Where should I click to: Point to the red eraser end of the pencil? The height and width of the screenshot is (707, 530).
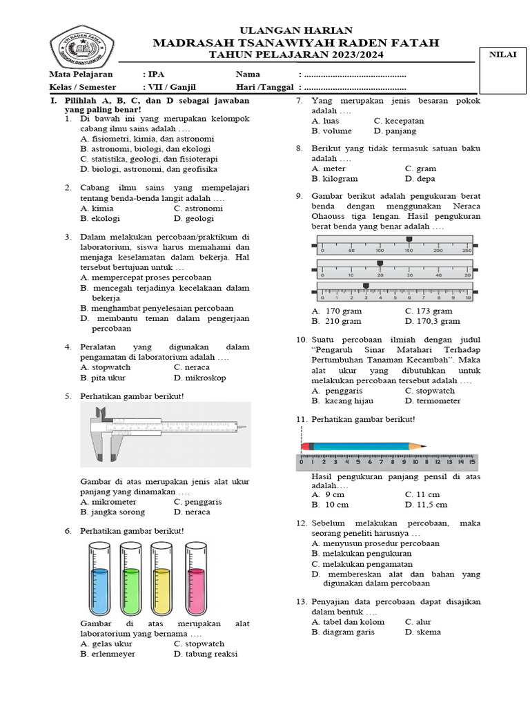(x=307, y=447)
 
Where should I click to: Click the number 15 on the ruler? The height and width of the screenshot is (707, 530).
(x=472, y=462)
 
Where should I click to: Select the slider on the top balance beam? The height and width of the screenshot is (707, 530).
(x=409, y=240)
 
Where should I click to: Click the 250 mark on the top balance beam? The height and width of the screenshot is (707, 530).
(x=467, y=250)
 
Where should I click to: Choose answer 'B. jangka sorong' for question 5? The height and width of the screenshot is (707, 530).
(x=112, y=512)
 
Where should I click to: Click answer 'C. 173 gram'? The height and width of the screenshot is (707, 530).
(x=429, y=311)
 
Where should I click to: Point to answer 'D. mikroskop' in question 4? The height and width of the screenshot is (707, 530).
(x=199, y=378)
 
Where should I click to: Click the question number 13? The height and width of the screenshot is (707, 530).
(x=300, y=602)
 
